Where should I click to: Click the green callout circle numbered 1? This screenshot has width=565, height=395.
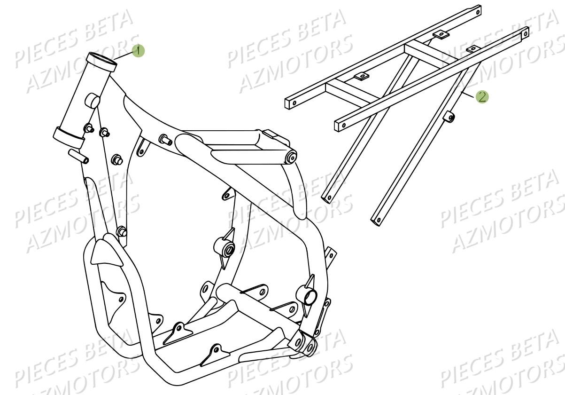(138, 50)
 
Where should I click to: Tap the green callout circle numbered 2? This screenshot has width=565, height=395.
(482, 97)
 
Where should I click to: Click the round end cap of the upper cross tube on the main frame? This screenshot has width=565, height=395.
(291, 158)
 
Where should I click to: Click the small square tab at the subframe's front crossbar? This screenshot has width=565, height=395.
(361, 76)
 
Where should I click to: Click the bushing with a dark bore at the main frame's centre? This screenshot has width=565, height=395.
(226, 247)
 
